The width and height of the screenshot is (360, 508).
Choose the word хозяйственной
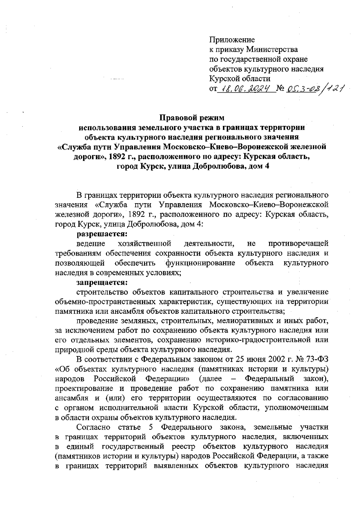(145, 243)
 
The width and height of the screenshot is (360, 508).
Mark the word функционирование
(200, 263)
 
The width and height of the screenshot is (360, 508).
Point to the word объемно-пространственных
(108, 301)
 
